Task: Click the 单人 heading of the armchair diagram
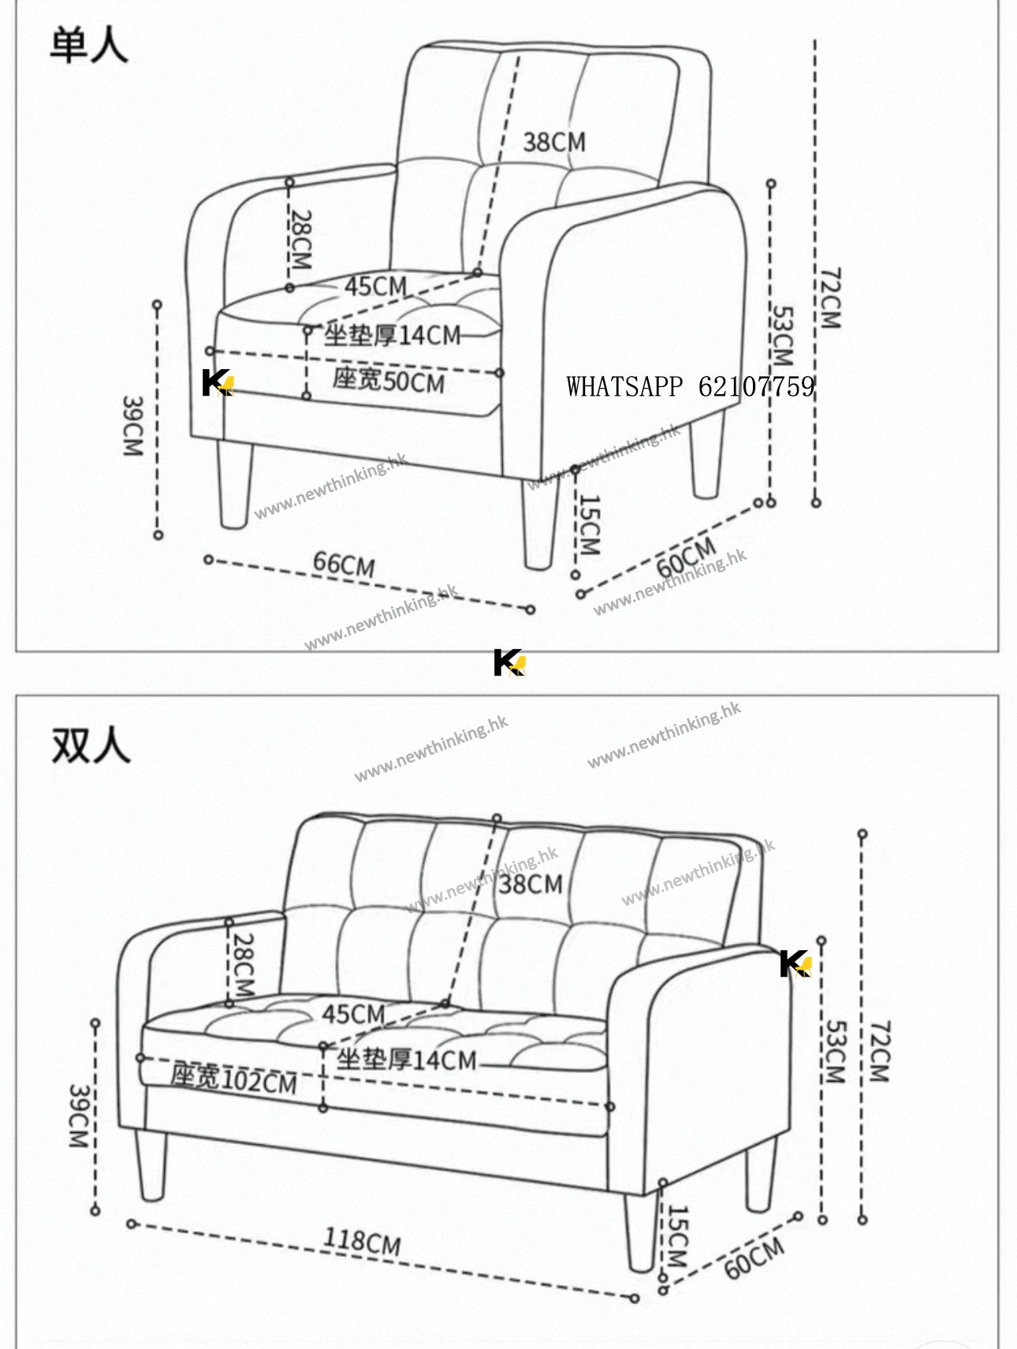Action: tap(88, 44)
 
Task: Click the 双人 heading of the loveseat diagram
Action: tap(90, 744)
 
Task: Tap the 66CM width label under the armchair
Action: tap(344, 564)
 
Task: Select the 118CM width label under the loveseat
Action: tap(362, 1242)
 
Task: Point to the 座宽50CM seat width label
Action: tap(388, 381)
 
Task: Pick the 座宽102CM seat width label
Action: tap(233, 1078)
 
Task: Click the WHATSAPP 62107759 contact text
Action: tap(690, 386)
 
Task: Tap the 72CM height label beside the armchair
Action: tap(831, 297)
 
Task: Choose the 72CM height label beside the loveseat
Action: tap(879, 1051)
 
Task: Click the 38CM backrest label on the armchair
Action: tap(554, 142)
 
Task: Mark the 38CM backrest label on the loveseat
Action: tap(531, 884)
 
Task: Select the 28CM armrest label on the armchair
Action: tap(300, 239)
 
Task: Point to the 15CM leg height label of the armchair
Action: tap(590, 524)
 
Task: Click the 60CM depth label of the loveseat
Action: tap(754, 1257)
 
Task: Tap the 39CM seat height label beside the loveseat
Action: tap(79, 1116)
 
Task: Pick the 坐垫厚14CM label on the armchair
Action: tap(392, 335)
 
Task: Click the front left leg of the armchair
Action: tap(235, 485)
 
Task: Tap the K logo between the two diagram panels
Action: tap(509, 662)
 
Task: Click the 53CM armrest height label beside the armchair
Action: tap(781, 336)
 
